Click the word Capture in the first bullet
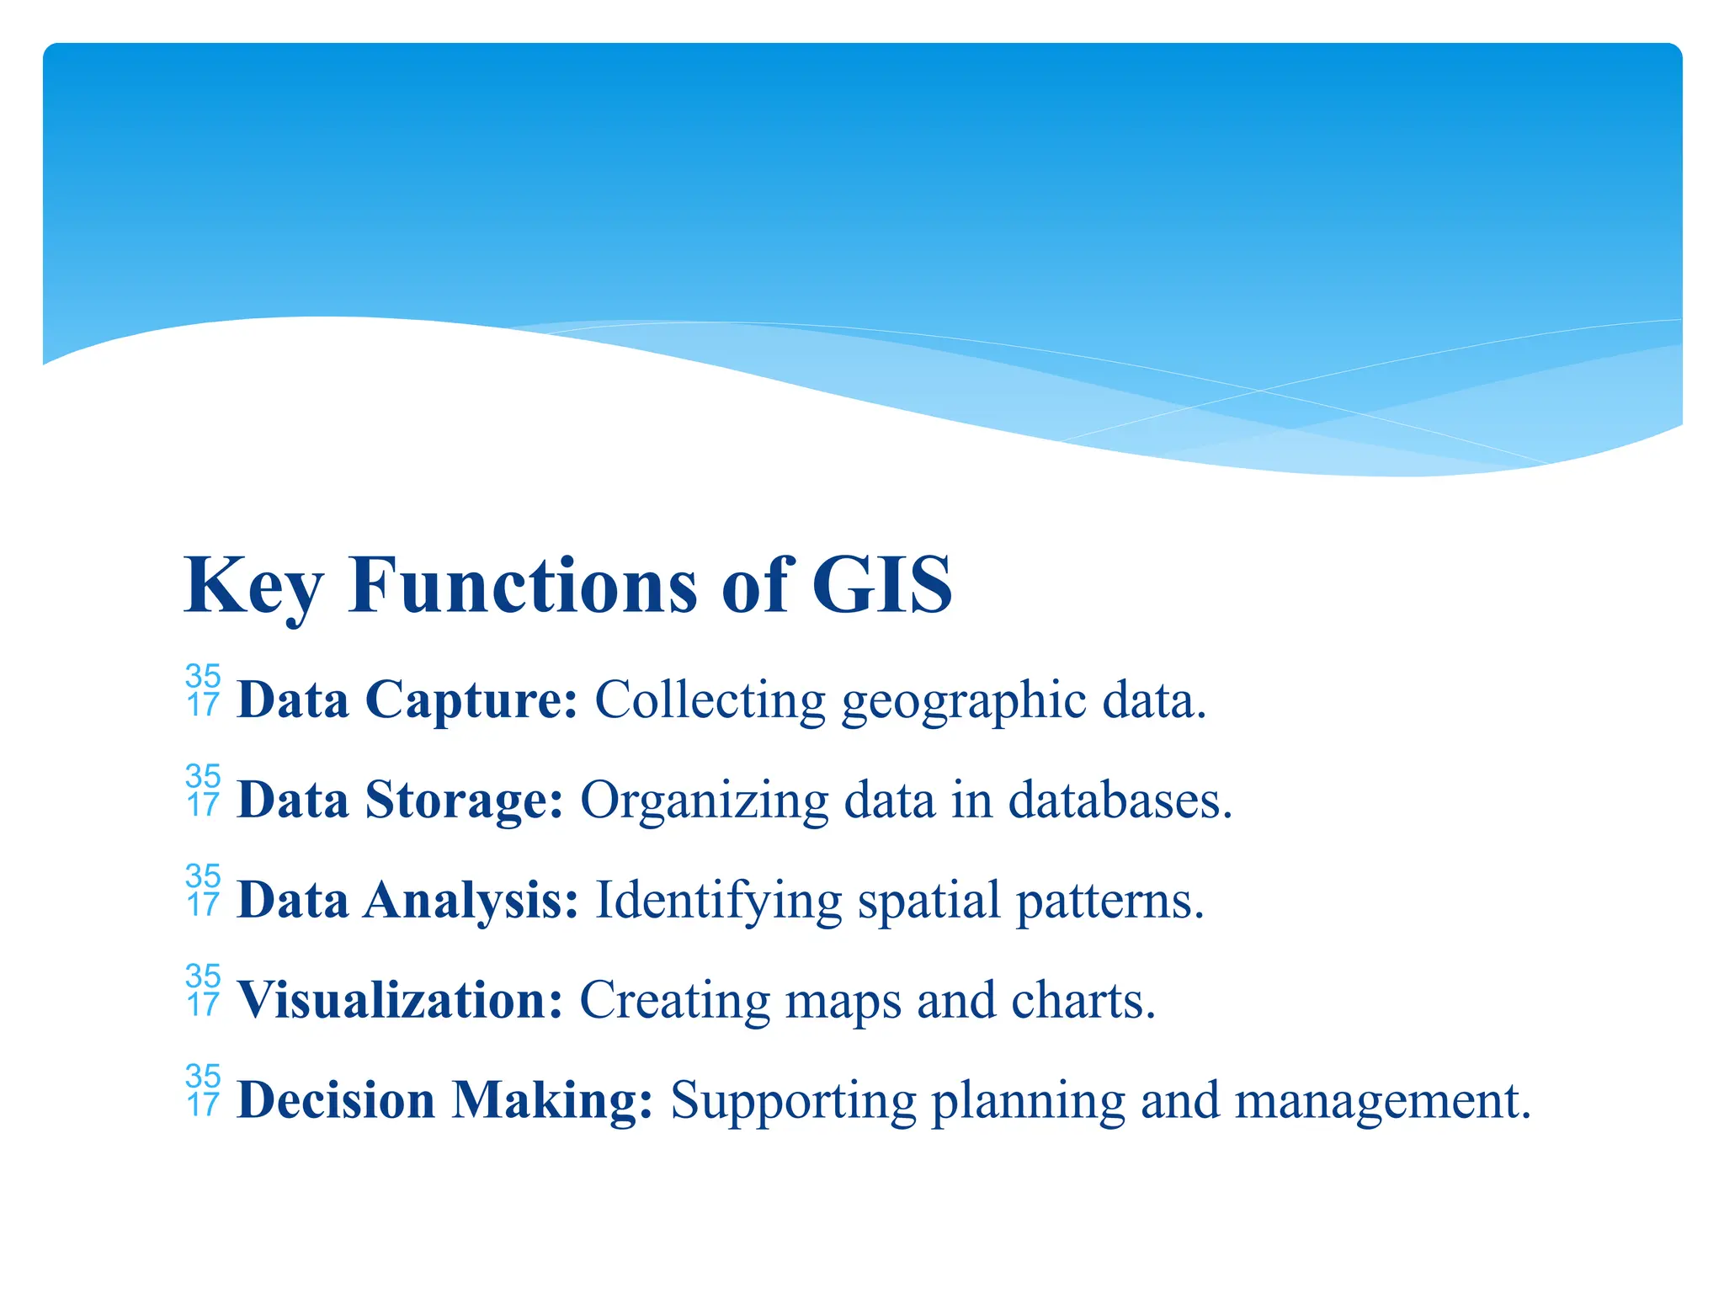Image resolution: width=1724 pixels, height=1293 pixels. point(471,700)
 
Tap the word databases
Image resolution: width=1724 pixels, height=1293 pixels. point(1120,800)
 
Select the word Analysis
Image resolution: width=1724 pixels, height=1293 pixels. point(471,900)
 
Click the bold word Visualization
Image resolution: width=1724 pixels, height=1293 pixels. point(400,1000)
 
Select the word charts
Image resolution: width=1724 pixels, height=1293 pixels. point(1083,1000)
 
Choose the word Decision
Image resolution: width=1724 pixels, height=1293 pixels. point(336,1100)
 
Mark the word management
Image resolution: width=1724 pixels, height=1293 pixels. point(1381,1100)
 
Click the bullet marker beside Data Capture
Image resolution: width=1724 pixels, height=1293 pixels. point(203,691)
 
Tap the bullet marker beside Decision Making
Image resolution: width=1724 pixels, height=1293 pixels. point(203,1091)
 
